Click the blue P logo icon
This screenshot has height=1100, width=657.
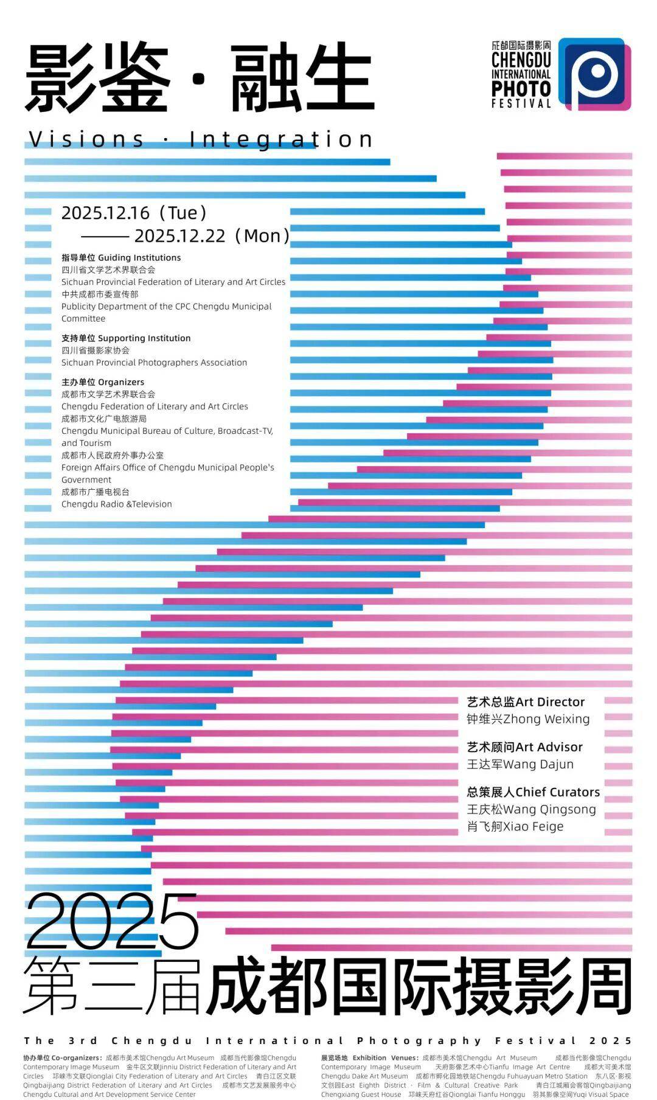(594, 74)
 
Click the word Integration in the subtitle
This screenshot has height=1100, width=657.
(281, 139)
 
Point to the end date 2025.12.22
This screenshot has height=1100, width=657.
(180, 235)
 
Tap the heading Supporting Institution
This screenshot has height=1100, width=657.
(144, 338)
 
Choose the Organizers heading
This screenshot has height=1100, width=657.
(121, 382)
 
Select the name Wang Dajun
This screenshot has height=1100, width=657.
(538, 764)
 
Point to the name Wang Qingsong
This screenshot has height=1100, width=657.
(549, 809)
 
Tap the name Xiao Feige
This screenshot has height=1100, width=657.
(533, 826)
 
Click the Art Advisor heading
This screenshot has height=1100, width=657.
(549, 747)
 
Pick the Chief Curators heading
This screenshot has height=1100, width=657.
(557, 792)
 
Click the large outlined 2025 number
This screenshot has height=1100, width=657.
(113, 922)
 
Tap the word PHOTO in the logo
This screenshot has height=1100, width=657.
(521, 89)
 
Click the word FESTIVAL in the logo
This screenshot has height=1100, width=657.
(521, 103)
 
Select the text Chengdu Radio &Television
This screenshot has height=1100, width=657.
(117, 504)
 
